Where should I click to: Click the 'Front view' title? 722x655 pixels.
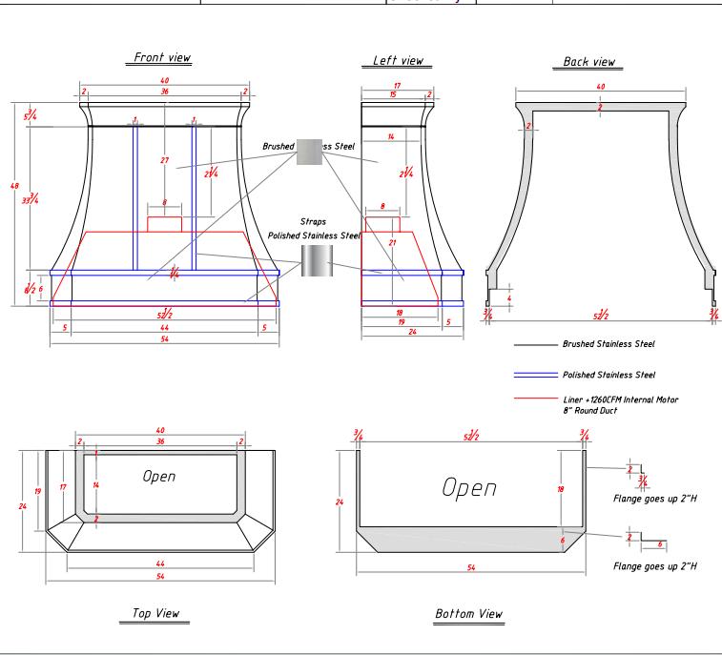tap(163, 58)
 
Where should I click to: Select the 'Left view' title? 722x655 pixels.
tap(398, 61)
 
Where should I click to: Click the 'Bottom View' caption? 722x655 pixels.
tap(468, 612)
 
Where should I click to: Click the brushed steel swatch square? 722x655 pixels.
tap(310, 151)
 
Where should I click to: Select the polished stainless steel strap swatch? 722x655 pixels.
tap(315, 259)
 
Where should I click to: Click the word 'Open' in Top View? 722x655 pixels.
tap(158, 476)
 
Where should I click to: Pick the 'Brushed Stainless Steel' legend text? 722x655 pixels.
tap(609, 342)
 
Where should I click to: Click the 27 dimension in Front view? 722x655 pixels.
tap(164, 160)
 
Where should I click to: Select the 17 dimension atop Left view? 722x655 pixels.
tap(397, 85)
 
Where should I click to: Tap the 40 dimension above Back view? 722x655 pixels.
tap(600, 87)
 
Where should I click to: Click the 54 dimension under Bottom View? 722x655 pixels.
tap(471, 568)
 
